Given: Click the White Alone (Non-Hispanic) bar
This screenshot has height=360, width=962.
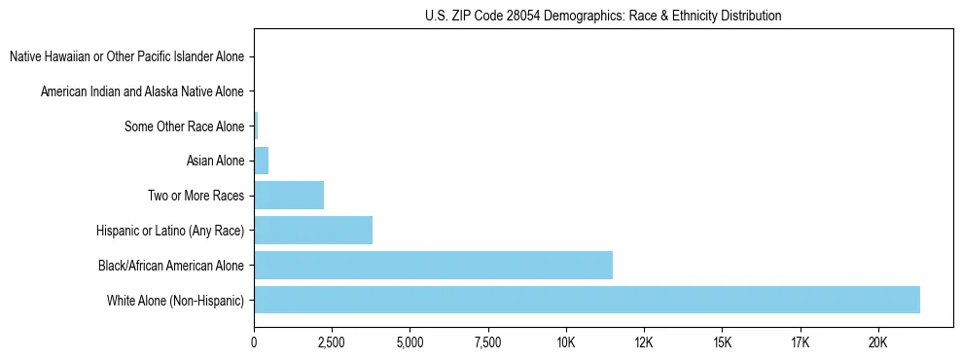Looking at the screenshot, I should tap(587, 300).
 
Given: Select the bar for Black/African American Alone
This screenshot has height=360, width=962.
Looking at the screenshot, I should tap(433, 265).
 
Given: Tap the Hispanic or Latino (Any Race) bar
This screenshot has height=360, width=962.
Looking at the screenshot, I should tap(313, 230).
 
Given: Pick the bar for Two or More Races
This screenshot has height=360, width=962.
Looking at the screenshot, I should tap(289, 195).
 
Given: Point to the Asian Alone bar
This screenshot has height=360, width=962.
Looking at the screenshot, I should tap(261, 161).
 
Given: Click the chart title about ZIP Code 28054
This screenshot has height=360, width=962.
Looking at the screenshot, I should tap(603, 16).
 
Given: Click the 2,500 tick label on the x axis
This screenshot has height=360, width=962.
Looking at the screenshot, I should tap(332, 343).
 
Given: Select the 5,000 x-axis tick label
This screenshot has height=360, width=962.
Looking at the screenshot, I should tap(410, 343).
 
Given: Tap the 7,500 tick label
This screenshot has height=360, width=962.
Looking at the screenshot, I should tap(487, 343).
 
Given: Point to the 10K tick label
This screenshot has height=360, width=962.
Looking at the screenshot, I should tap(566, 343).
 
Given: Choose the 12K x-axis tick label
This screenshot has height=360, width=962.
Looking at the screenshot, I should tap(644, 343).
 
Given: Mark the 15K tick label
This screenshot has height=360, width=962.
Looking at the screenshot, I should tap(722, 343).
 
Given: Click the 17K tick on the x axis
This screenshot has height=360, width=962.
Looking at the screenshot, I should tap(800, 343).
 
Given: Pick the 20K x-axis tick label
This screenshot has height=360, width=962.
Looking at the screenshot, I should tap(878, 343).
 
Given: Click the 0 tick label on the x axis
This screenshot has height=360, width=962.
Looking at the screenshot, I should tap(254, 343).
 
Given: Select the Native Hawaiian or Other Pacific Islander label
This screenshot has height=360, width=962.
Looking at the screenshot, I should tap(126, 57).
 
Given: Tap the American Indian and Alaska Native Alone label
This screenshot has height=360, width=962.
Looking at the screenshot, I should tap(142, 92).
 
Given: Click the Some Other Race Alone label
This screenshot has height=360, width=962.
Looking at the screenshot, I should tap(184, 126).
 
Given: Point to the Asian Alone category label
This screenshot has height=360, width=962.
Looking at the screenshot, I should tap(215, 161).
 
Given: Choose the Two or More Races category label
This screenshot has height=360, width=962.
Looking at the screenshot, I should tap(196, 196).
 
